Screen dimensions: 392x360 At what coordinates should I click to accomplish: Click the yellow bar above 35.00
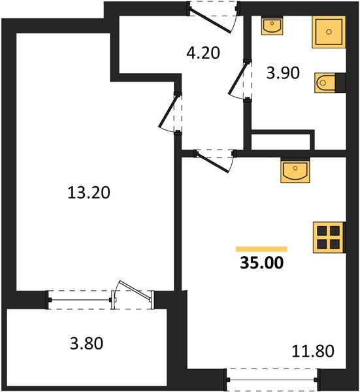[261, 249]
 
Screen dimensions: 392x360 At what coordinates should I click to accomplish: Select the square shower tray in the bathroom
[327, 31]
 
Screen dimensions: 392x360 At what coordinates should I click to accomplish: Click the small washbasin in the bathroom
[271, 26]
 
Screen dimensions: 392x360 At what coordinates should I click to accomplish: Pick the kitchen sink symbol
[295, 172]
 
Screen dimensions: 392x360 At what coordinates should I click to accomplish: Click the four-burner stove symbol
[328, 237]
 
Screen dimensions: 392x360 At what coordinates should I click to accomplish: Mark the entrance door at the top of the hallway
[213, 16]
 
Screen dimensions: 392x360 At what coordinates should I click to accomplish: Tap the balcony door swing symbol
[125, 292]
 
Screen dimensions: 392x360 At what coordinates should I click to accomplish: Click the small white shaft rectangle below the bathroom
[281, 140]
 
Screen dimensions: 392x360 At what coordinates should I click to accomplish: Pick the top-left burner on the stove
[322, 230]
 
